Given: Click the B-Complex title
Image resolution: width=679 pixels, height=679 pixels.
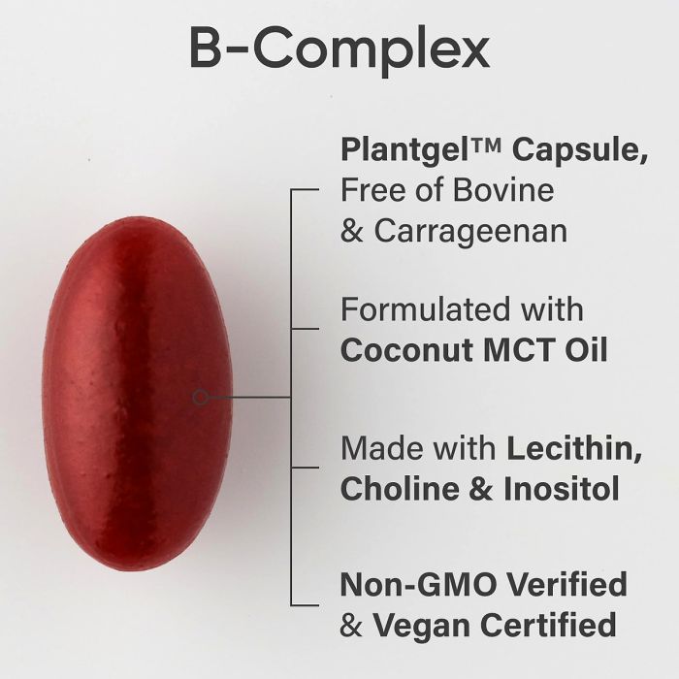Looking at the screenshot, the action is (x=339, y=48).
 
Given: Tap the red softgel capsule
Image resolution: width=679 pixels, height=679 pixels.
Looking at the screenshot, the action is (x=138, y=393).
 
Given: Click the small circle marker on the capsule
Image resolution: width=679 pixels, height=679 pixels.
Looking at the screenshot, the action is (x=200, y=397).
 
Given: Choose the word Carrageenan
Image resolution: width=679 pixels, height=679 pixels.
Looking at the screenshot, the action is (x=470, y=231).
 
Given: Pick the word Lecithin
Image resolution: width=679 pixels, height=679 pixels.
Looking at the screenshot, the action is (x=574, y=448).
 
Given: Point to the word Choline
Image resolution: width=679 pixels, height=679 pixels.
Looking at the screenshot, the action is (x=400, y=489).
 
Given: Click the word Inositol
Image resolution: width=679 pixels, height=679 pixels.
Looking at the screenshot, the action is (x=562, y=489).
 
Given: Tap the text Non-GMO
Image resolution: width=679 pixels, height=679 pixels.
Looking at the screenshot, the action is (x=418, y=584).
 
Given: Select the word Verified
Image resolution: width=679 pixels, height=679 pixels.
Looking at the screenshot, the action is (x=566, y=584).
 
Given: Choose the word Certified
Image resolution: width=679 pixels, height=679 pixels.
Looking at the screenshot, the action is (x=549, y=625).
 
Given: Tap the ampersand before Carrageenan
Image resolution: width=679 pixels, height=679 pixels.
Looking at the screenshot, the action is (x=351, y=231).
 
